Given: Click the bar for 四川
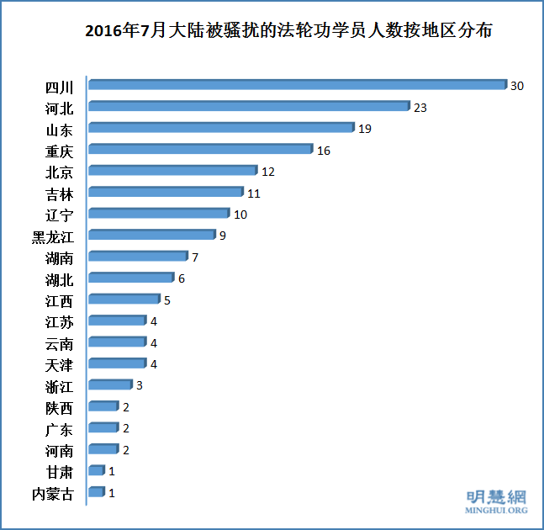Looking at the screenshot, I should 297,85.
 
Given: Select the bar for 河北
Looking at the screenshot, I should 248,107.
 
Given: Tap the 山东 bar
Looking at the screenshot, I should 220,128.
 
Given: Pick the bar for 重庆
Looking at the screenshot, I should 200,150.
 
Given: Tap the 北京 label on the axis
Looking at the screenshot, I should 59,172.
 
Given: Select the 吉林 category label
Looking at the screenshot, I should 59,193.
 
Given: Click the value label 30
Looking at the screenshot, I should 517,86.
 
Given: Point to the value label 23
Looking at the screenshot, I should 420,108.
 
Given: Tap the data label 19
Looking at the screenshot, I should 365,129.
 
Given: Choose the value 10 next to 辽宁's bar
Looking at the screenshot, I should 240,215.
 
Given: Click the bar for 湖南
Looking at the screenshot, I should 138,257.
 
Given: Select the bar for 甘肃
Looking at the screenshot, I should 96,471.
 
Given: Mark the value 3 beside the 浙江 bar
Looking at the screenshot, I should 140,385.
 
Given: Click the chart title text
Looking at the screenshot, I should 288,33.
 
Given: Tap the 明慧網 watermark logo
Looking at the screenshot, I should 497,496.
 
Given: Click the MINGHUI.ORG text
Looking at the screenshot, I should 497,510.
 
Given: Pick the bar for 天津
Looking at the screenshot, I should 117,364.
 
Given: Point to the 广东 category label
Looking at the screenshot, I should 59,429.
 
